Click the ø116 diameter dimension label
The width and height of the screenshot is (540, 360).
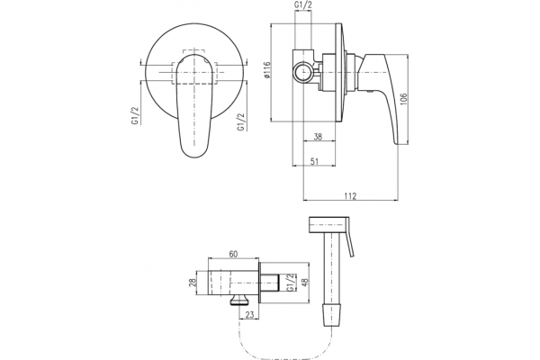click(x=265, y=71)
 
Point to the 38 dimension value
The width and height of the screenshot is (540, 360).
click(x=318, y=137)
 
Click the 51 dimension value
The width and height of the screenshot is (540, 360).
click(x=314, y=161)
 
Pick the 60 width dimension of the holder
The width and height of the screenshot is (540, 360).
click(x=233, y=254)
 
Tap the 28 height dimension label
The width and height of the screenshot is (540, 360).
click(x=193, y=283)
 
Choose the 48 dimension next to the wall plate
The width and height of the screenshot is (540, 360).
click(x=304, y=282)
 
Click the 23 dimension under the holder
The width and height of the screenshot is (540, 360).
click(x=249, y=314)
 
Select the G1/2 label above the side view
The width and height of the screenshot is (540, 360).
click(x=303, y=5)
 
